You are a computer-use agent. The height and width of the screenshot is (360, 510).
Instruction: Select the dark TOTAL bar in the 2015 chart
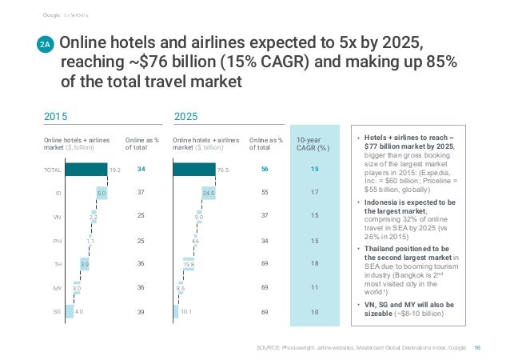[x=86, y=169]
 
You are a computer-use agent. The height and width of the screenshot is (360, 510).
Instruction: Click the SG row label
[x=57, y=312]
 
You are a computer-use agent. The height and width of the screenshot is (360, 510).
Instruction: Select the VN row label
[x=57, y=217]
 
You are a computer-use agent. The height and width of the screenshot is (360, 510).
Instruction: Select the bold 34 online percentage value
[x=141, y=169]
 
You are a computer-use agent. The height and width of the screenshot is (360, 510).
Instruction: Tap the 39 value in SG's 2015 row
[x=141, y=312]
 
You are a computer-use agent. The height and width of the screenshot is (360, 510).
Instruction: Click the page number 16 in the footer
[x=478, y=346]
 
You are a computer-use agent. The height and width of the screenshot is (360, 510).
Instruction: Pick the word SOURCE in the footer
[x=269, y=346]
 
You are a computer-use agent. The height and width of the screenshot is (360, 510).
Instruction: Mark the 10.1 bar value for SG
[x=187, y=312]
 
